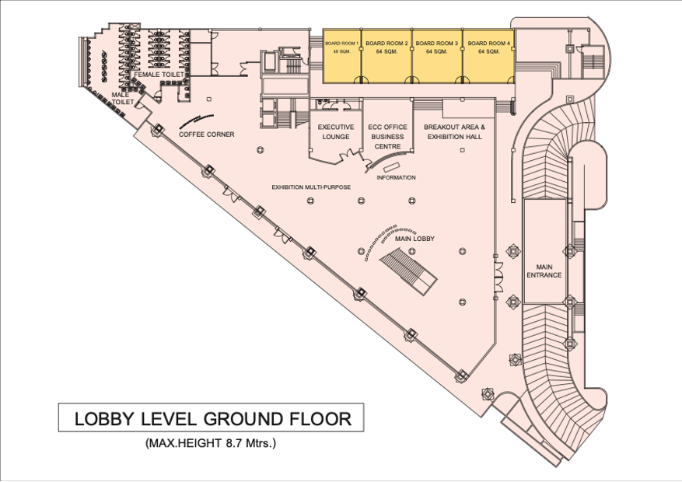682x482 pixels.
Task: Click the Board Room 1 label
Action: pyautogui.click(x=342, y=44)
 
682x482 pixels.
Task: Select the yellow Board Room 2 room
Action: pyautogui.click(x=386, y=56)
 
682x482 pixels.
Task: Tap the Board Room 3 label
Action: pyautogui.click(x=437, y=44)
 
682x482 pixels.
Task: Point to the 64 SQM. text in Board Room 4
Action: pyautogui.click(x=489, y=51)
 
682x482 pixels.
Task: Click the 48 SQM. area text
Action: pyautogui.click(x=341, y=51)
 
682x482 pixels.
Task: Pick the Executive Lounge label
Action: pyautogui.click(x=336, y=131)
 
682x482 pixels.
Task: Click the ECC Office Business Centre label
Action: pyautogui.click(x=387, y=137)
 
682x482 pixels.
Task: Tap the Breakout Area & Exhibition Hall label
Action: pyautogui.click(x=454, y=131)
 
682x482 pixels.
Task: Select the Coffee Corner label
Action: pyautogui.click(x=207, y=134)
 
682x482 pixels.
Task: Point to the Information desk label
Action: pyautogui.click(x=396, y=177)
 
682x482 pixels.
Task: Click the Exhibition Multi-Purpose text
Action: pyautogui.click(x=311, y=187)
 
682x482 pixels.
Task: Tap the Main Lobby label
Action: pyautogui.click(x=414, y=239)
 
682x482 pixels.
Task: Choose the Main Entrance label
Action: pyautogui.click(x=544, y=271)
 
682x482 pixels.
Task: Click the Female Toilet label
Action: pyautogui.click(x=159, y=75)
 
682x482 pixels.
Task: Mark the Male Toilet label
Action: pyautogui.click(x=124, y=98)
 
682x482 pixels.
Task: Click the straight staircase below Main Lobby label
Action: pyautogui.click(x=408, y=271)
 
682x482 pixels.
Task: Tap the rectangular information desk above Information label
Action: pyautogui.click(x=390, y=167)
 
